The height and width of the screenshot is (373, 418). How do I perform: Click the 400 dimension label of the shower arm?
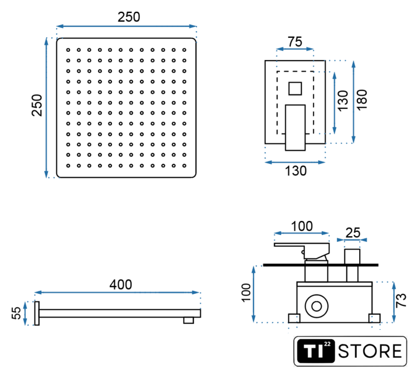coord(121,284)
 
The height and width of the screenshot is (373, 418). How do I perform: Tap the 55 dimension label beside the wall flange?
coord(16,313)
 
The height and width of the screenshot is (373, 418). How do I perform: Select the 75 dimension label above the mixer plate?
coord(295,42)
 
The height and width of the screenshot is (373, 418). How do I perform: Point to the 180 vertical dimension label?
coord(362,100)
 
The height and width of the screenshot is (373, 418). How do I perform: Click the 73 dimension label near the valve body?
coord(401,301)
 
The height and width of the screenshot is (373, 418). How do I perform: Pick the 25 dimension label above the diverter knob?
coord(353,233)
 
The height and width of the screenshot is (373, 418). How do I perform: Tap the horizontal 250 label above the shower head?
coord(129,17)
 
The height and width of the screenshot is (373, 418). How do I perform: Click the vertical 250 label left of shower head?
coord(37,105)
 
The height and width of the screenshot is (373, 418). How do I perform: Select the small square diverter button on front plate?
coord(295,89)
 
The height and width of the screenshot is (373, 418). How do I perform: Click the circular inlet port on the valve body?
coord(317,306)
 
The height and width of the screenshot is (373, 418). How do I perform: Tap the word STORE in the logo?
coord(370,351)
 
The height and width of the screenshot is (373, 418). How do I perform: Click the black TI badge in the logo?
coord(316,351)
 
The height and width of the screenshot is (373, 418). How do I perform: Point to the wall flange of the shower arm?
coord(37,314)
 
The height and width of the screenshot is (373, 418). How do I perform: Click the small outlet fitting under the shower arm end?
coord(188,320)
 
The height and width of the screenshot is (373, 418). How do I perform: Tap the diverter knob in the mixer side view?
coord(352,256)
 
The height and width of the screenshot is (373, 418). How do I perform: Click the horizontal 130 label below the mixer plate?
coord(296,171)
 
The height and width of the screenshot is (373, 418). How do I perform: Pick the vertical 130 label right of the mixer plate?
coord(343,100)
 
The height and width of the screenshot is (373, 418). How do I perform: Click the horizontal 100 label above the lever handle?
coord(302,226)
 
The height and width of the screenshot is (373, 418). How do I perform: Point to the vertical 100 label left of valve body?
coord(246,293)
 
